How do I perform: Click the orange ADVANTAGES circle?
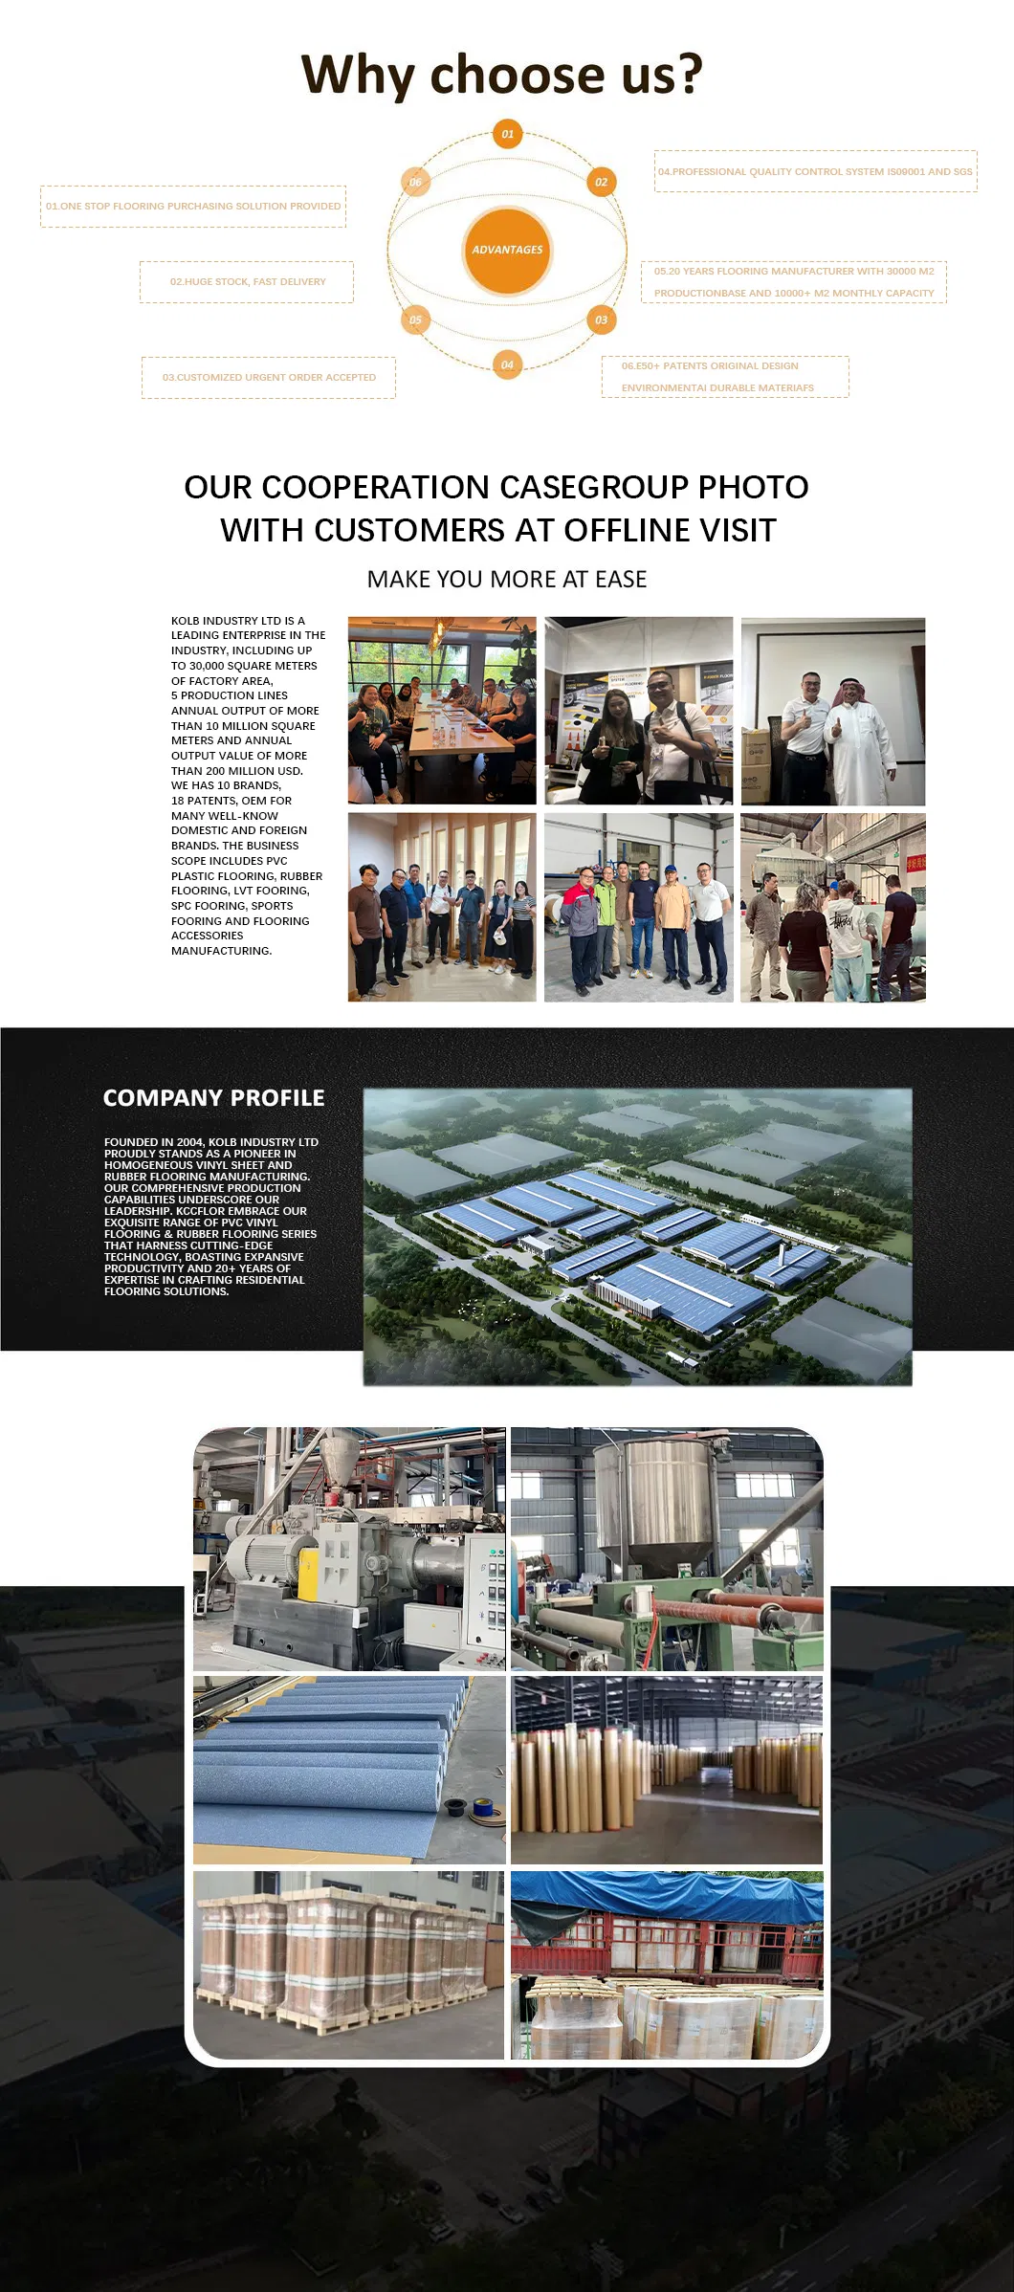click(507, 250)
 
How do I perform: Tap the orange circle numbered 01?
click(507, 134)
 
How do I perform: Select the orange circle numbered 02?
click(601, 182)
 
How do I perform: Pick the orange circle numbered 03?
click(601, 320)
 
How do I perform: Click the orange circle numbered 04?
click(507, 364)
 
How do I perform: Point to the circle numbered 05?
click(415, 320)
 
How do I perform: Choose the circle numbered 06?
click(415, 182)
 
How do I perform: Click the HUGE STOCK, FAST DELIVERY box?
click(247, 282)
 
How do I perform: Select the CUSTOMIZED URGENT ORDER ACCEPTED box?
click(269, 378)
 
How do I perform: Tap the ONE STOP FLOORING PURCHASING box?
click(193, 207)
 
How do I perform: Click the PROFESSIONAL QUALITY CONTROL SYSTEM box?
click(815, 172)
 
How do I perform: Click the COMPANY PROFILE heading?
click(213, 1098)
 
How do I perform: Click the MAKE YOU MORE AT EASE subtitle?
click(507, 580)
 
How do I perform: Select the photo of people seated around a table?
click(442, 711)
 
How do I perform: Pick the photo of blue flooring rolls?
click(349, 1769)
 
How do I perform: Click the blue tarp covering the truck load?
click(667, 1899)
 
